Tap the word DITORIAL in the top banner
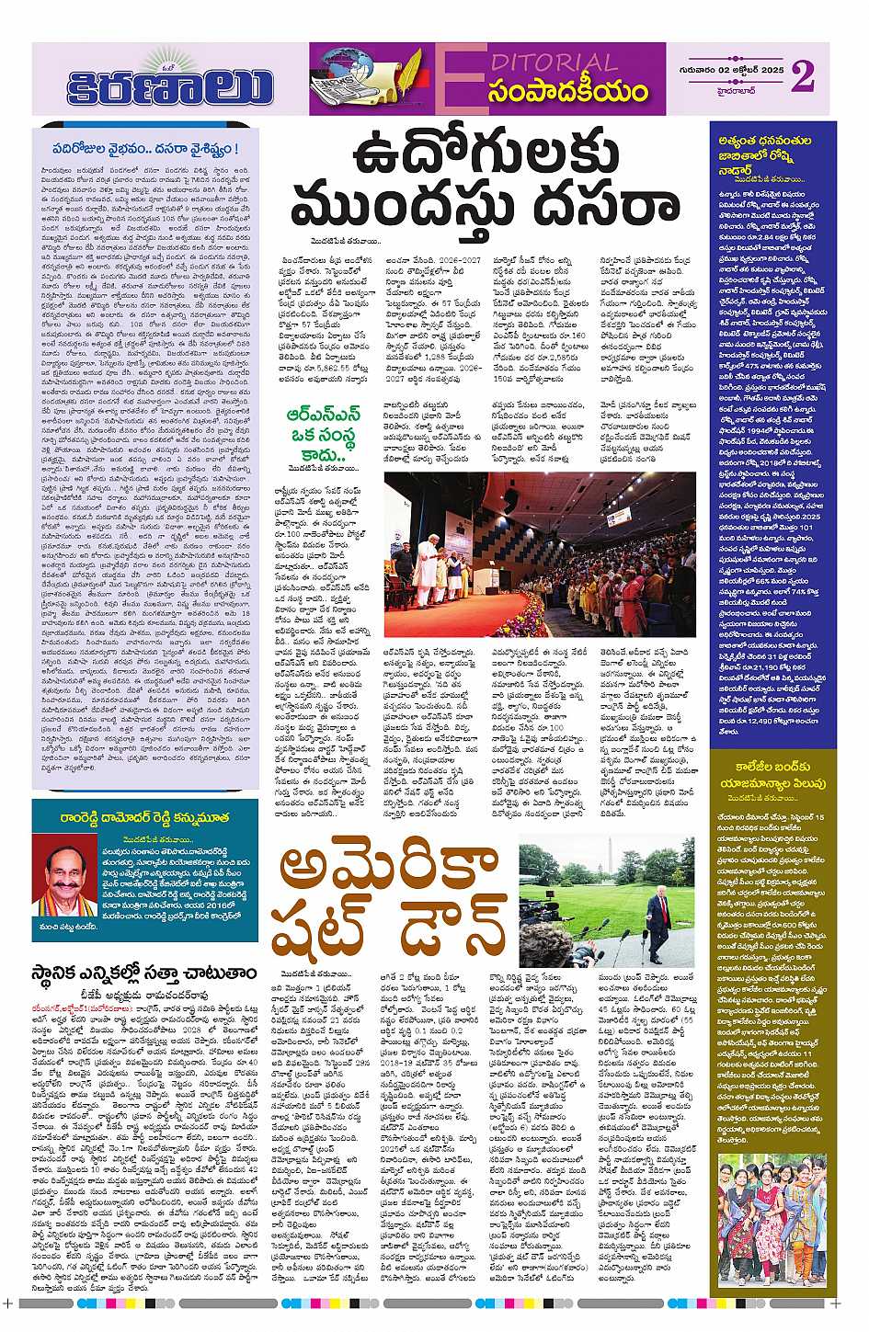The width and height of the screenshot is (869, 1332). click(560, 63)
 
